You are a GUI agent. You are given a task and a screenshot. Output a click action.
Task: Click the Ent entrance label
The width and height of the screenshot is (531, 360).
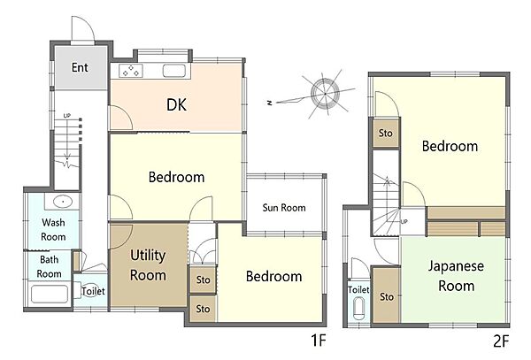coord(80,67)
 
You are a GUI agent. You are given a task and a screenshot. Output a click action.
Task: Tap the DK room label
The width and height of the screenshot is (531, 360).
coord(176,104)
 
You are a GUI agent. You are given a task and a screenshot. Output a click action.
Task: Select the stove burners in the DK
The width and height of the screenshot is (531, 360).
coord(131,71)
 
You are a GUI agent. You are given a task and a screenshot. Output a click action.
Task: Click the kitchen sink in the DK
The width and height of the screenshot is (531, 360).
coord(174,71)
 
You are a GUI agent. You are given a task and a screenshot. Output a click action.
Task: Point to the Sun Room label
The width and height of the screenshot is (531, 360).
coord(284,207)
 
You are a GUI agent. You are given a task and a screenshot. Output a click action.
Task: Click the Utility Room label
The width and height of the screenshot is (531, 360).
coord(148,265)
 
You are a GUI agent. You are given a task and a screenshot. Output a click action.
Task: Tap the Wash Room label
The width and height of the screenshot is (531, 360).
coord(53,229)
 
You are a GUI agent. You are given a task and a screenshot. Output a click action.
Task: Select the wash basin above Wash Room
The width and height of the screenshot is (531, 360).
coord(63,202)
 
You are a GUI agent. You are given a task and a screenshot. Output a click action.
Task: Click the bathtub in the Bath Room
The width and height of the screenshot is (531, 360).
coord(50,294)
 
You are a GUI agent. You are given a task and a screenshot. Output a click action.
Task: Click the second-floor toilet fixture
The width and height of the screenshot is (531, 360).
coord(358,309)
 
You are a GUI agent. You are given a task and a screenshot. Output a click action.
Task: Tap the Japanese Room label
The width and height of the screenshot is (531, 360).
coord(456,276)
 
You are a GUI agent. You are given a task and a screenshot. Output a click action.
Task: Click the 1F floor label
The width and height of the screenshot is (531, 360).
coord(319,340)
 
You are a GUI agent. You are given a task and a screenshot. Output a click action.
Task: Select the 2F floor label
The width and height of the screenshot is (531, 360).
coord(501,341)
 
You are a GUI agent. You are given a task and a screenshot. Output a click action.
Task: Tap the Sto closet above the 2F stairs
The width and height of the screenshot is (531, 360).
coord(386,133)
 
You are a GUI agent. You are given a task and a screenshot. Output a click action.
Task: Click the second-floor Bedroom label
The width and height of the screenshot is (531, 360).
coord(450,146)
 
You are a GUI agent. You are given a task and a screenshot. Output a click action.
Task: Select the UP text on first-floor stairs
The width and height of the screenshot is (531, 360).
coord(67,116)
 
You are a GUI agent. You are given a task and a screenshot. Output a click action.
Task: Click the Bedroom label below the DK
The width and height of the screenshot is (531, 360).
coord(176,177)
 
